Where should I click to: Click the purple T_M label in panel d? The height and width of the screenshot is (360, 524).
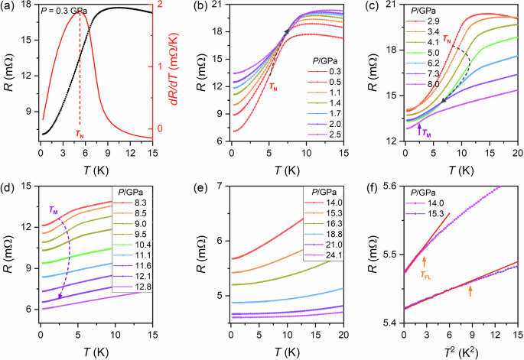point(54,210)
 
